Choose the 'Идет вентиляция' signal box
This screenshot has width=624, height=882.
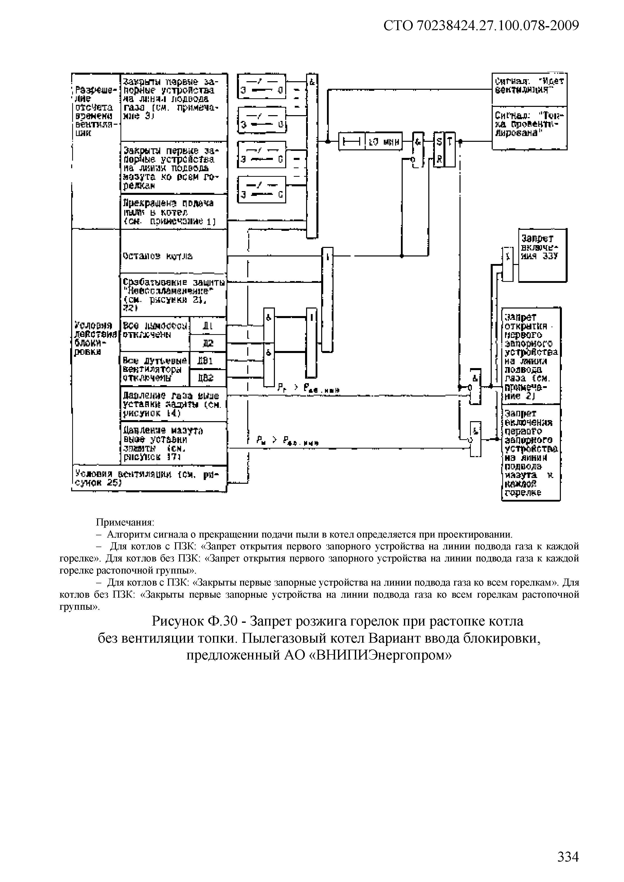pyautogui.click(x=529, y=88)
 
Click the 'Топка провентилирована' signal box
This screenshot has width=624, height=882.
pyautogui.click(x=529, y=127)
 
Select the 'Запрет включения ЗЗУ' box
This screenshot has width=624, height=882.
pyautogui.click(x=543, y=255)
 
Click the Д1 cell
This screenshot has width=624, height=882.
pyautogui.click(x=208, y=327)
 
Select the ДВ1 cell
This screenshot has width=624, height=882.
pyautogui.click(x=208, y=361)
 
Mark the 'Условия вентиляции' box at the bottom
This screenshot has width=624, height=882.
pyautogui.click(x=149, y=478)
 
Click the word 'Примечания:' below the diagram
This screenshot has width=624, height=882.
pyautogui.click(x=125, y=522)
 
